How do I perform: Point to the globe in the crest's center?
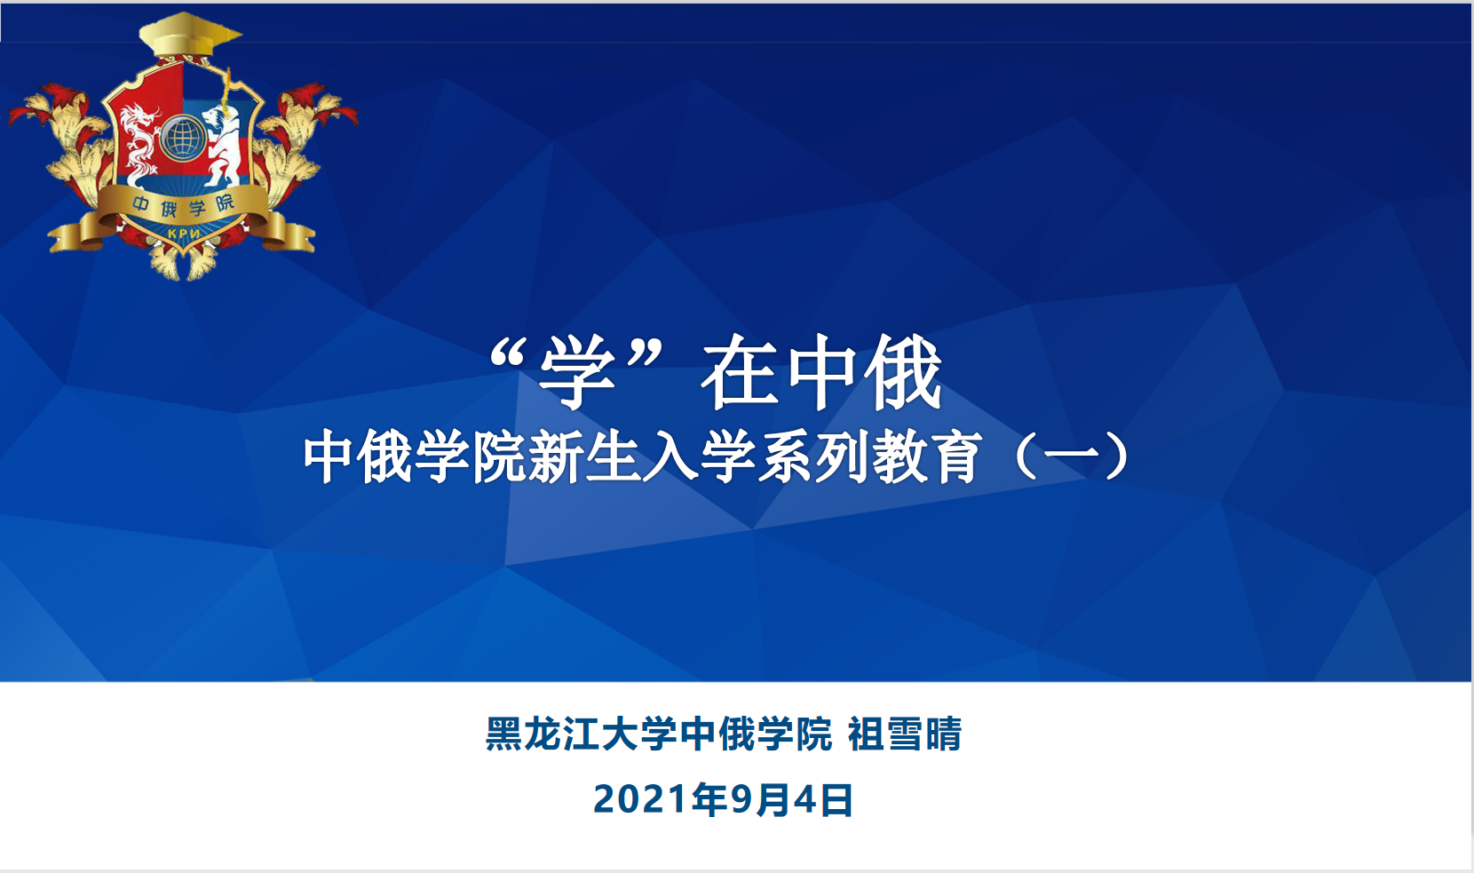(x=183, y=138)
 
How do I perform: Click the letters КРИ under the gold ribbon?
(x=184, y=233)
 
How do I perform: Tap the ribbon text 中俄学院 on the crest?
(x=183, y=206)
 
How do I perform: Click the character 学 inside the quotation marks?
(x=576, y=371)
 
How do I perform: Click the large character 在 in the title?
(x=740, y=371)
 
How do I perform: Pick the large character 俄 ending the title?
(x=903, y=371)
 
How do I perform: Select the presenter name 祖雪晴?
(x=905, y=734)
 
